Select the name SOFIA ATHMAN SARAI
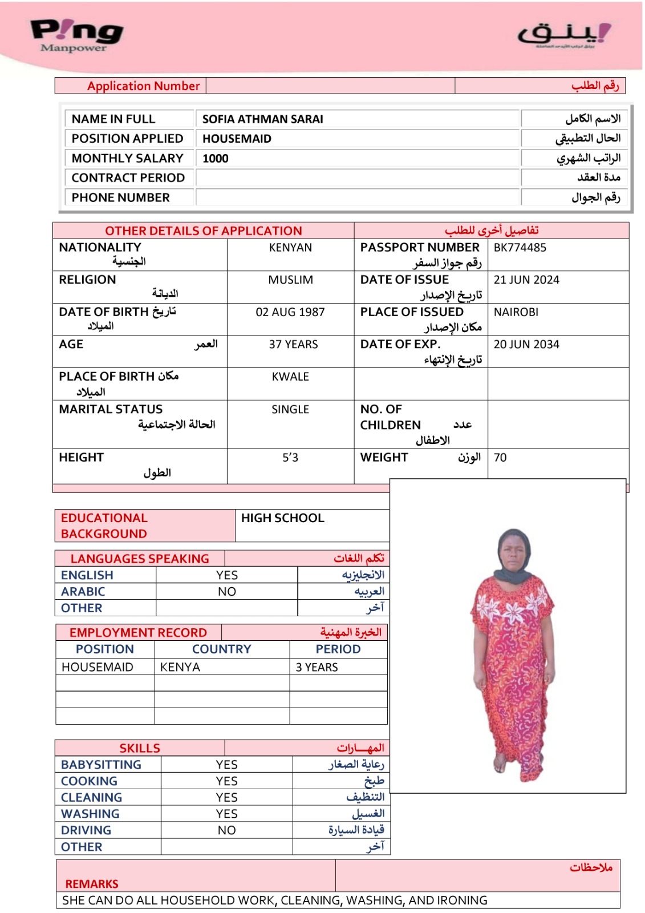(262, 119)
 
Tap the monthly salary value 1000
(216, 159)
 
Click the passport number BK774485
(520, 248)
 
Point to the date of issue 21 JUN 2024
(526, 280)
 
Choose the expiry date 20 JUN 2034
(526, 345)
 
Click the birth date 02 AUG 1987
(290, 312)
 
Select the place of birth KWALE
(290, 377)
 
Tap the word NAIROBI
(516, 312)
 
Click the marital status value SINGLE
(290, 410)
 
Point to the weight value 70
(500, 458)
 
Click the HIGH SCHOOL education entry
(282, 518)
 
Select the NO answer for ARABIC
(226, 592)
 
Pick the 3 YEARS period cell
(317, 667)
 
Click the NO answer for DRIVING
(226, 830)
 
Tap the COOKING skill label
(89, 781)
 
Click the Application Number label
(143, 86)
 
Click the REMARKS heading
(92, 884)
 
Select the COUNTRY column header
(221, 649)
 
